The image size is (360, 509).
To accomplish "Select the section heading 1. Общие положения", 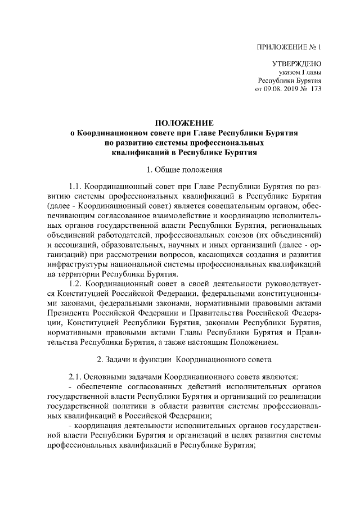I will (184, 169).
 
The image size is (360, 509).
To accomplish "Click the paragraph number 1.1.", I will (76, 186).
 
